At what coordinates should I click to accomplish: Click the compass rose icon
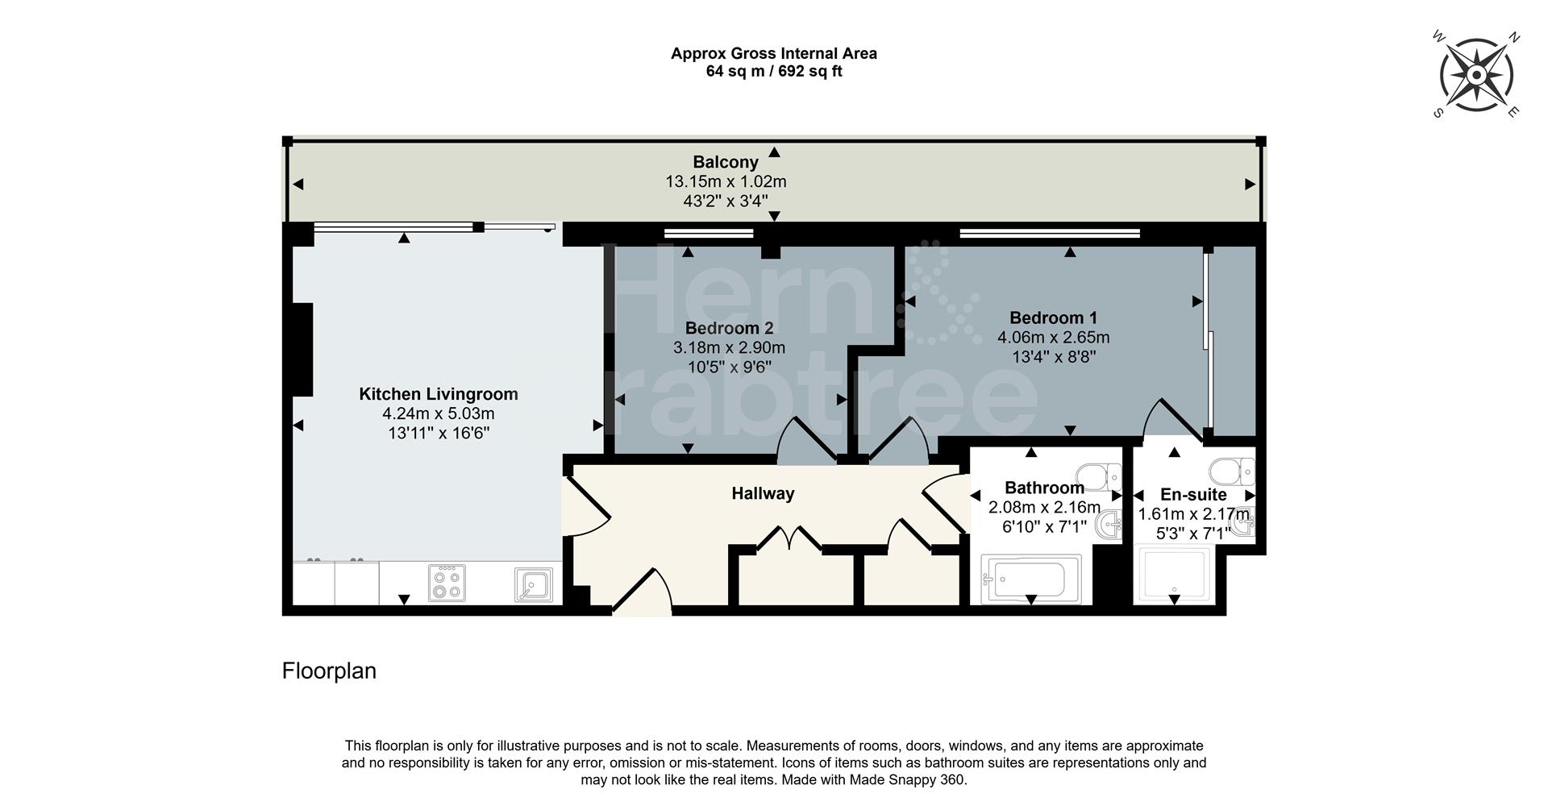click(1475, 76)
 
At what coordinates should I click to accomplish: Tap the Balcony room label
click(726, 162)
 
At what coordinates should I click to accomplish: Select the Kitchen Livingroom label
click(438, 394)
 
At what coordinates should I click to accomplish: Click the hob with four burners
click(447, 583)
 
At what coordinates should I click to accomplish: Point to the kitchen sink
click(534, 585)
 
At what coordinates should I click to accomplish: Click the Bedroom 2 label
click(729, 328)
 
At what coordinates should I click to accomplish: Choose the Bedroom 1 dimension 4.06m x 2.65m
click(1053, 338)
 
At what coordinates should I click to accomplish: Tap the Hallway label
click(763, 493)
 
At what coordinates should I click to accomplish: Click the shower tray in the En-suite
click(1173, 574)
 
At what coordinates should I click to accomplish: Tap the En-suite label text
click(1193, 495)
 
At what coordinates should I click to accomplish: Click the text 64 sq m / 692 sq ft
click(774, 71)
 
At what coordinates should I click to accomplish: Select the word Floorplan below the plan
click(329, 671)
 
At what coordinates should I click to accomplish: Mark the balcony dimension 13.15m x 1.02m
click(726, 182)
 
